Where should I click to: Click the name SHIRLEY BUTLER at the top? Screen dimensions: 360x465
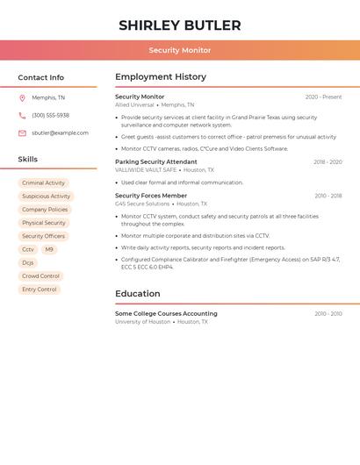[179, 25]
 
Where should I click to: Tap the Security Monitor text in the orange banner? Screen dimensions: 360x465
[179, 50]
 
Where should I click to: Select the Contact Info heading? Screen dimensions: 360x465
[41, 77]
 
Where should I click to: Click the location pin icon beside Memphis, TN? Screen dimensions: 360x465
[22, 97]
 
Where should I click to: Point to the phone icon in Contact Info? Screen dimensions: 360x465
[22, 115]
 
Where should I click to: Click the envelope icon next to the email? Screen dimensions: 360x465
[22, 132]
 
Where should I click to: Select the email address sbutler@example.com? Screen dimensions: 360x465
[60, 132]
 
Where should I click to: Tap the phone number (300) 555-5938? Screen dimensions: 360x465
[50, 115]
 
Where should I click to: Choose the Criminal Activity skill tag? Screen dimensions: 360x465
[43, 183]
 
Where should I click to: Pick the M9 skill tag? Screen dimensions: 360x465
[49, 249]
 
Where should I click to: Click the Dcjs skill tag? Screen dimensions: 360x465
[28, 262]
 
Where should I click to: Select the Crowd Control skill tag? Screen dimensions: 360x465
[40, 275]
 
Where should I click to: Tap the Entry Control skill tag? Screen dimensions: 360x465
[40, 289]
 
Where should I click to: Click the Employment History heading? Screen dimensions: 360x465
[161, 77]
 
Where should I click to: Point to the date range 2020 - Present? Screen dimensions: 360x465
[323, 97]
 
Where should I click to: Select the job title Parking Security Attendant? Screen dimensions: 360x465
[156, 161]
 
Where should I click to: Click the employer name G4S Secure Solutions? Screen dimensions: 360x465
[142, 204]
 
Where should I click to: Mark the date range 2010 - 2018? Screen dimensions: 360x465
[328, 196]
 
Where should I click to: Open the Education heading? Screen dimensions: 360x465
[138, 294]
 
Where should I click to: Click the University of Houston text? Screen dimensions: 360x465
[142, 322]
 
